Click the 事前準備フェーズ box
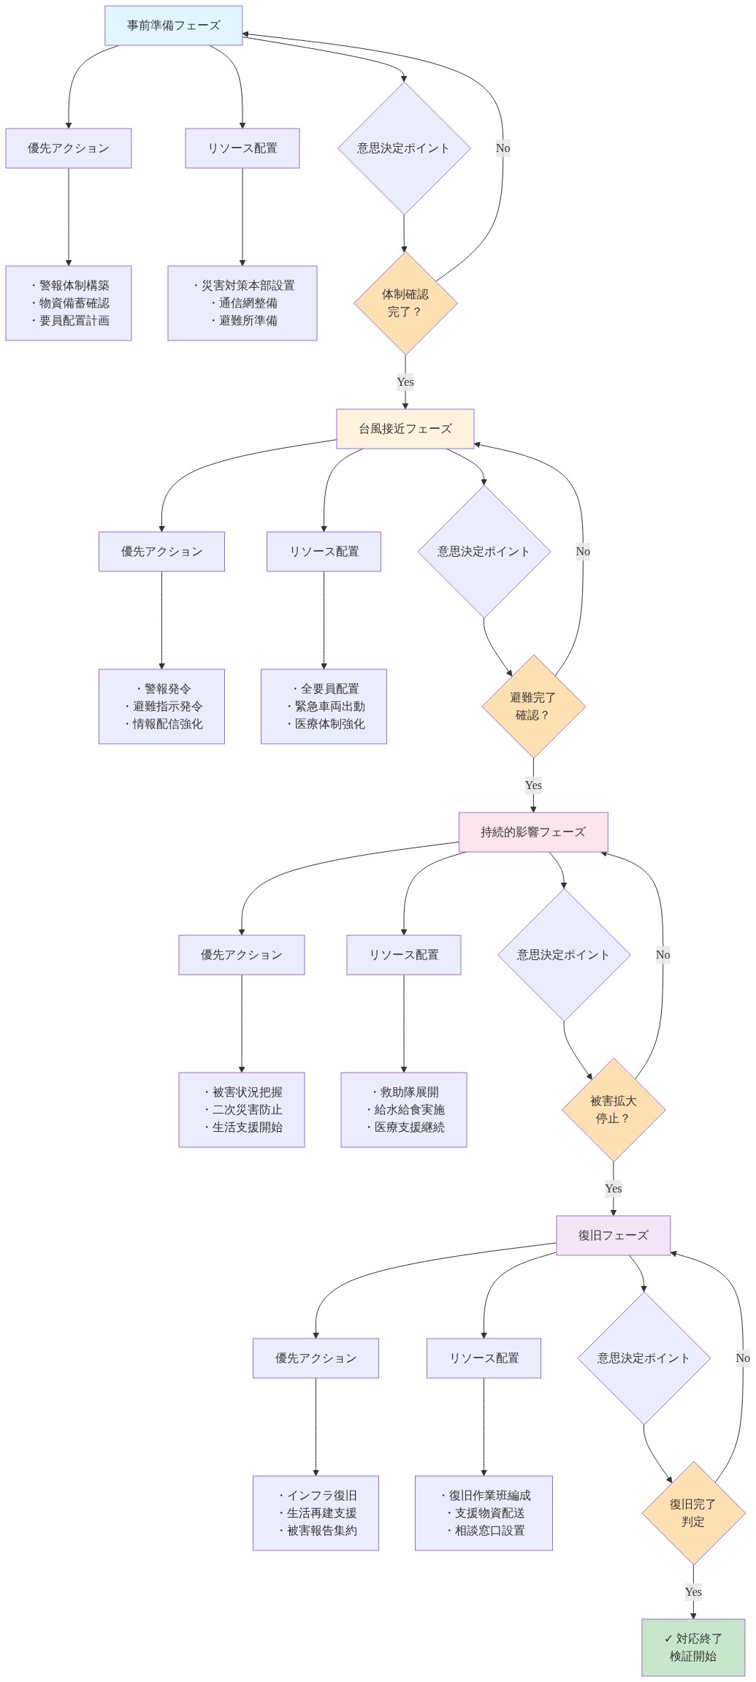(x=173, y=26)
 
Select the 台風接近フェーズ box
(x=405, y=429)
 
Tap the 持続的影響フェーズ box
(x=533, y=832)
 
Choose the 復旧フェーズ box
(x=614, y=1236)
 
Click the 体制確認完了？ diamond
(x=405, y=303)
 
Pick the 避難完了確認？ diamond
(x=533, y=707)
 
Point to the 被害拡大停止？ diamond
(x=614, y=1110)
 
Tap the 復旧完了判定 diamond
(x=693, y=1513)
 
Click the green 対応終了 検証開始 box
(x=693, y=1648)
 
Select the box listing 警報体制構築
(x=69, y=303)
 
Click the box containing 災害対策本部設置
(x=243, y=303)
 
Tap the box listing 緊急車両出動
(x=324, y=707)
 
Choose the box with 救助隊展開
(x=404, y=1110)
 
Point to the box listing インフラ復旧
(x=316, y=1513)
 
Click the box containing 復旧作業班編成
(x=484, y=1513)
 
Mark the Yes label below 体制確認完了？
(x=405, y=382)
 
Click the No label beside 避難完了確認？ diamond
(x=583, y=552)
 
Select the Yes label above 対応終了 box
(x=693, y=1592)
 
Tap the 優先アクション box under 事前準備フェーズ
(x=69, y=148)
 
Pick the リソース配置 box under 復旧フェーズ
(x=484, y=1358)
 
